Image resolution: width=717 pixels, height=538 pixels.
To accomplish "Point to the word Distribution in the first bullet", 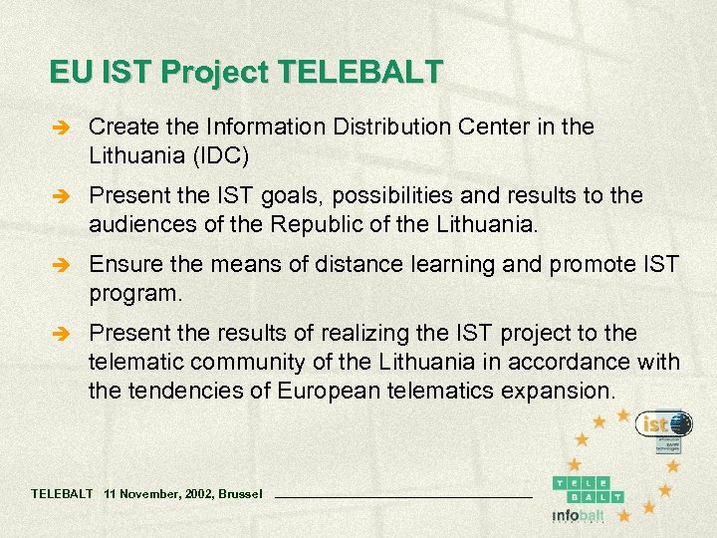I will click(x=377, y=127).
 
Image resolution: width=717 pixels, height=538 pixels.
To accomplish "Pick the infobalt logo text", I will click(x=578, y=515).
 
